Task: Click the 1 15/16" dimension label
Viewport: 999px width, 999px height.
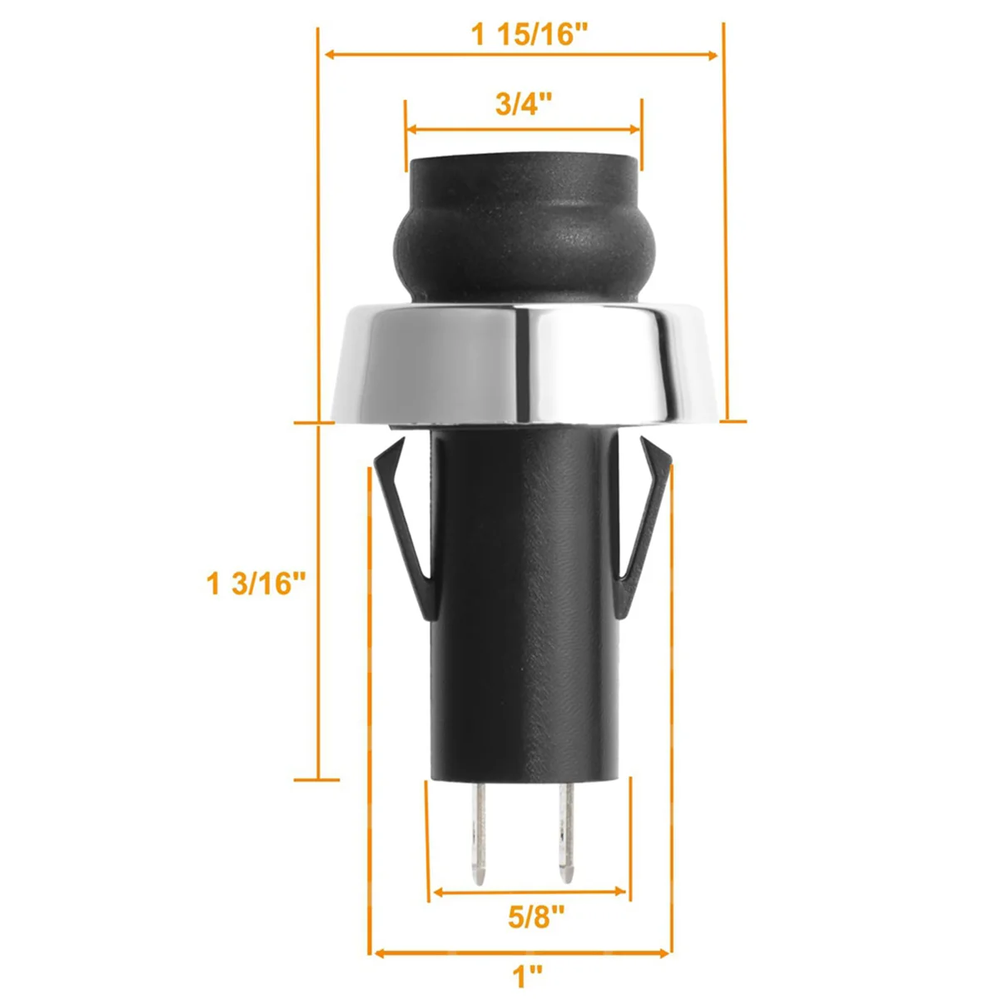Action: tap(529, 35)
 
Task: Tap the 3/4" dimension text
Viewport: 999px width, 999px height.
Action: tap(524, 105)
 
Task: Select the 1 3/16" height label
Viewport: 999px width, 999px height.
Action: tap(251, 584)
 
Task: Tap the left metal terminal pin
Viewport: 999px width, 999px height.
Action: tap(479, 832)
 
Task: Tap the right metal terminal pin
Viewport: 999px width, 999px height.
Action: tap(567, 832)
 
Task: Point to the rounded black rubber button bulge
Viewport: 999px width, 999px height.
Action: tap(524, 246)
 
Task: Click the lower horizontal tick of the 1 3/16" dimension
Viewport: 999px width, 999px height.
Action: tap(316, 780)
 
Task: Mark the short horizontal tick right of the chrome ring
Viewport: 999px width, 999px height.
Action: tap(733, 421)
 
